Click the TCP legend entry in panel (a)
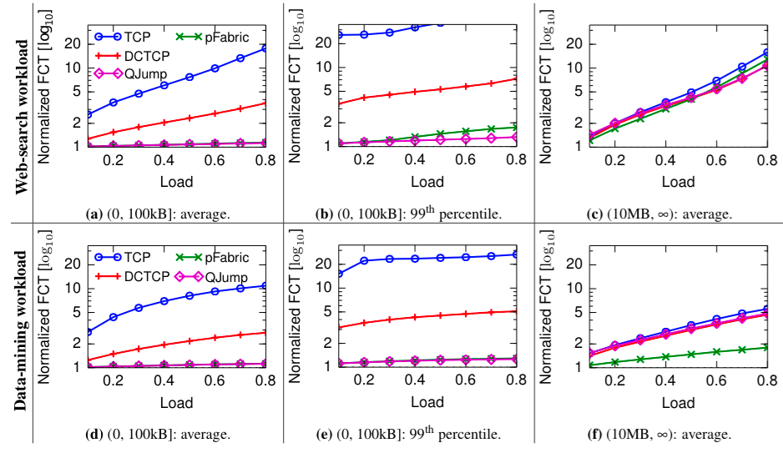click(x=125, y=37)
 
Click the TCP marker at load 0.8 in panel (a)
click(x=265, y=48)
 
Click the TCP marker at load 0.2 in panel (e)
click(x=365, y=261)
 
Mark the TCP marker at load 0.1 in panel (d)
click(x=88, y=332)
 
